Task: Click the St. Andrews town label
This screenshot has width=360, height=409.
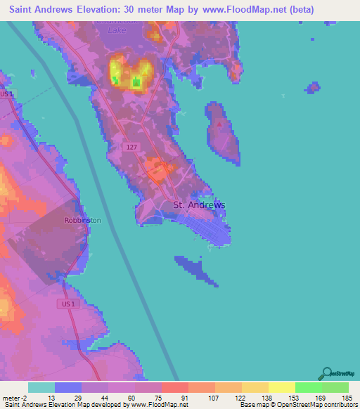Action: coord(199,205)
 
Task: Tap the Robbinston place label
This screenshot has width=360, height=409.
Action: coord(82,220)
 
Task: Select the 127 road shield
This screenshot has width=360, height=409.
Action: coord(131,147)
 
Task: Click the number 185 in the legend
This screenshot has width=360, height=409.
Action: coord(347,397)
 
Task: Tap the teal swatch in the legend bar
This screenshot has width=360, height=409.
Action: coord(41,387)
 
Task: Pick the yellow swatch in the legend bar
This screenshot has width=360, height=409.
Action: coord(281,387)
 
